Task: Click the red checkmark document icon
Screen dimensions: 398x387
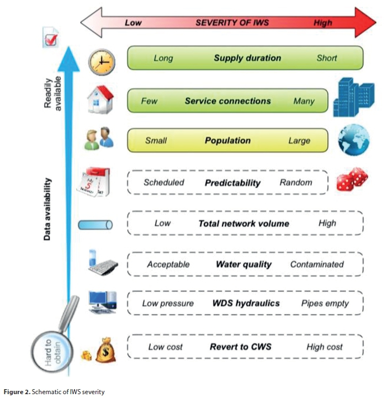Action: click(51, 40)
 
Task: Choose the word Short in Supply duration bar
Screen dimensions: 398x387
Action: click(327, 58)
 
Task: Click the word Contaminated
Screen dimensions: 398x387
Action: click(317, 264)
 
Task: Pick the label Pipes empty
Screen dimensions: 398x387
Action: click(325, 303)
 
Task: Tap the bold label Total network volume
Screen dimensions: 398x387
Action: click(243, 224)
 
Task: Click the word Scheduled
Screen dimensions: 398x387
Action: click(164, 182)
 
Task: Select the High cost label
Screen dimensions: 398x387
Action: click(325, 347)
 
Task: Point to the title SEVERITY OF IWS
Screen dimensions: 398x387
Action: click(231, 23)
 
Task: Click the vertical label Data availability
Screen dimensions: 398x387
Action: click(49, 209)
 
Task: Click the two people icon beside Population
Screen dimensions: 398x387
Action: click(99, 140)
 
